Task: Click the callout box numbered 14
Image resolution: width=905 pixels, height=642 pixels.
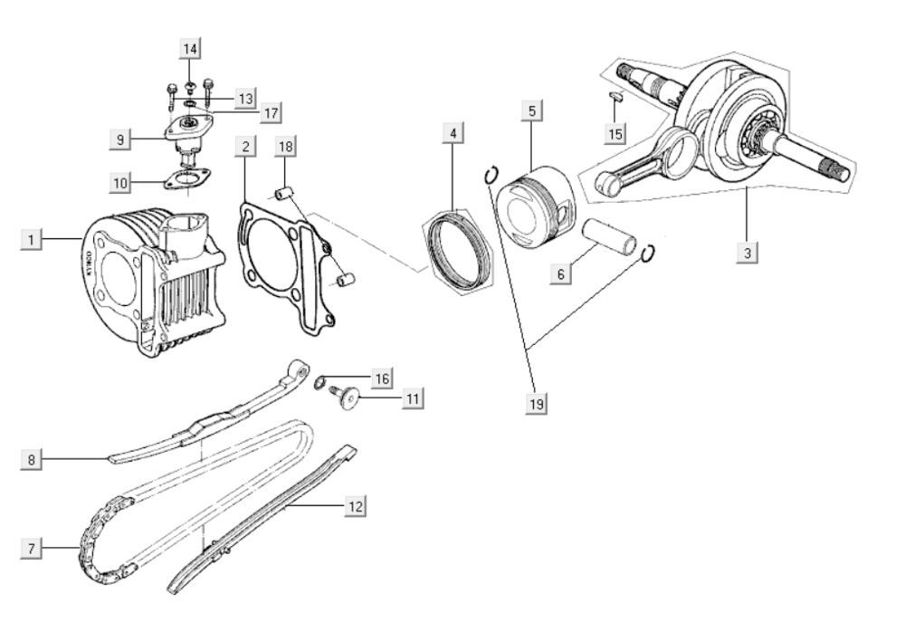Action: tap(189, 48)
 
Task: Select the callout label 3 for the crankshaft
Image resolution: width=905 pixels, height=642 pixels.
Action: tap(746, 253)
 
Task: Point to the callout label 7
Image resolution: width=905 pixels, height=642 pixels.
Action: tap(31, 548)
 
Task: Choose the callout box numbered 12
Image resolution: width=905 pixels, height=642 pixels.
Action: tap(355, 506)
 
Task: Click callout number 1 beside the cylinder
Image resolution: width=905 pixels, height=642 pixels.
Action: tap(31, 240)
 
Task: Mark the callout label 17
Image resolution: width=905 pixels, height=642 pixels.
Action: tap(269, 113)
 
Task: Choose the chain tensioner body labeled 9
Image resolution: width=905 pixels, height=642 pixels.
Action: tap(188, 136)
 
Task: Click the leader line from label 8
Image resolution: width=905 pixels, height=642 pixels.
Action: tap(77, 460)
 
